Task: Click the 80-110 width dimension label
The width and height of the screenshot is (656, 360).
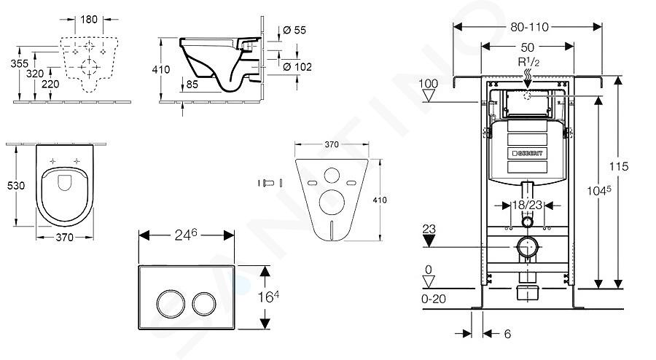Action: point(529,27)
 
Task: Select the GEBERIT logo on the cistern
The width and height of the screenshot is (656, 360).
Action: point(528,154)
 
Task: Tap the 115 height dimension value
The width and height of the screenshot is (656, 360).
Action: point(618,166)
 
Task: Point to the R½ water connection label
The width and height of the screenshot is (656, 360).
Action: point(528,62)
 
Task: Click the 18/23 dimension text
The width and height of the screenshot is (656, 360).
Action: point(527,205)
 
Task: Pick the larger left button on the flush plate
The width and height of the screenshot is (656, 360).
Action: point(171,304)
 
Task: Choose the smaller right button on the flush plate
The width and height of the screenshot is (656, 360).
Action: point(204,304)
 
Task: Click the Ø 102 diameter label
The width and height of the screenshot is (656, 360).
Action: point(297,67)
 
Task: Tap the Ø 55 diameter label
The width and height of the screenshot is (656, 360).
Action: point(294,30)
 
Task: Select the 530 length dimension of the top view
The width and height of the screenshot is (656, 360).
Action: point(16,185)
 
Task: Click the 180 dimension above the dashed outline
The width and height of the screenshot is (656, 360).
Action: point(89,19)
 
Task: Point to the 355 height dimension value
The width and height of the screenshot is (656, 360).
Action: point(19,63)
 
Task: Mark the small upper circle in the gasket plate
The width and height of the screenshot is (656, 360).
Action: point(332,175)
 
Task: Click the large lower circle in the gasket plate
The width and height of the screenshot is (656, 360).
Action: point(332,203)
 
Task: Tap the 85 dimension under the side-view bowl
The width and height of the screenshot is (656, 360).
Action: point(192,85)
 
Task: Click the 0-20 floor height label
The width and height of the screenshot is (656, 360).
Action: point(434,299)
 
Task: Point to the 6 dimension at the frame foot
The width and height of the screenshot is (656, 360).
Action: point(507,334)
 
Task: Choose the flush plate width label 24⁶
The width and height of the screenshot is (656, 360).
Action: point(185,235)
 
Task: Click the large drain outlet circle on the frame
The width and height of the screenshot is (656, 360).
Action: point(527,247)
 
